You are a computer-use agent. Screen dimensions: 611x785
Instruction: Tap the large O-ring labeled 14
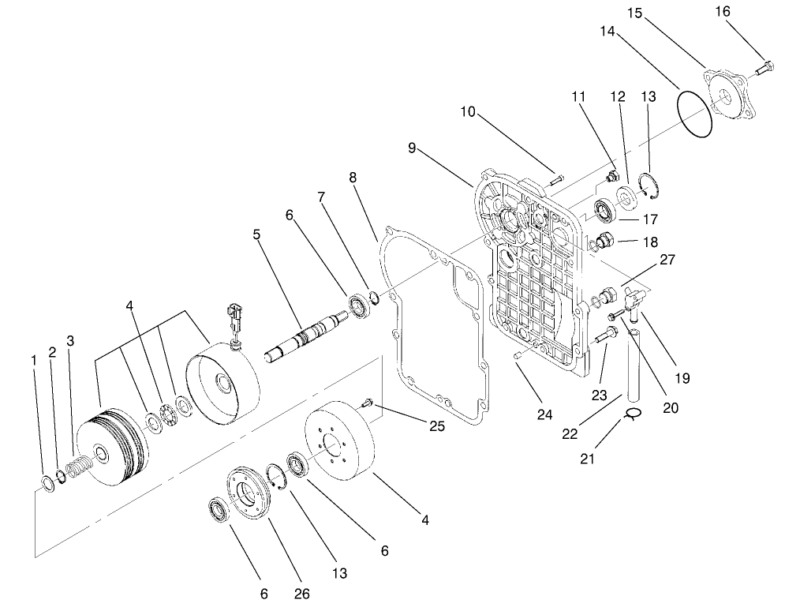[695, 114]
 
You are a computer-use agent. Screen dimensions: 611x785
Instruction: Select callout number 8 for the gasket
[353, 178]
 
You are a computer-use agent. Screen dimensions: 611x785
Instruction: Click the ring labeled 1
[47, 482]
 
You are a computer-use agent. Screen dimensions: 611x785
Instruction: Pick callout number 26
[302, 594]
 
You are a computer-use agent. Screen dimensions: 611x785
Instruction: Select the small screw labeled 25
[367, 405]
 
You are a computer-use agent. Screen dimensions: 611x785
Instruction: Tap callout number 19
[683, 377]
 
